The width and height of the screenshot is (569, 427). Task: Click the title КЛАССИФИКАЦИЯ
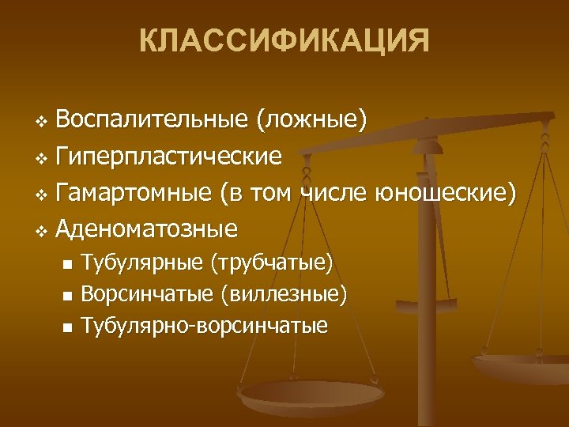point(284,40)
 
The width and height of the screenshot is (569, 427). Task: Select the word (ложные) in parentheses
point(311,120)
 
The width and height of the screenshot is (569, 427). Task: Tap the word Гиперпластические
point(169,157)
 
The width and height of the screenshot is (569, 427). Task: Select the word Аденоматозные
point(147,229)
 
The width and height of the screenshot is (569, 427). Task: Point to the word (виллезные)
point(284,295)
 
